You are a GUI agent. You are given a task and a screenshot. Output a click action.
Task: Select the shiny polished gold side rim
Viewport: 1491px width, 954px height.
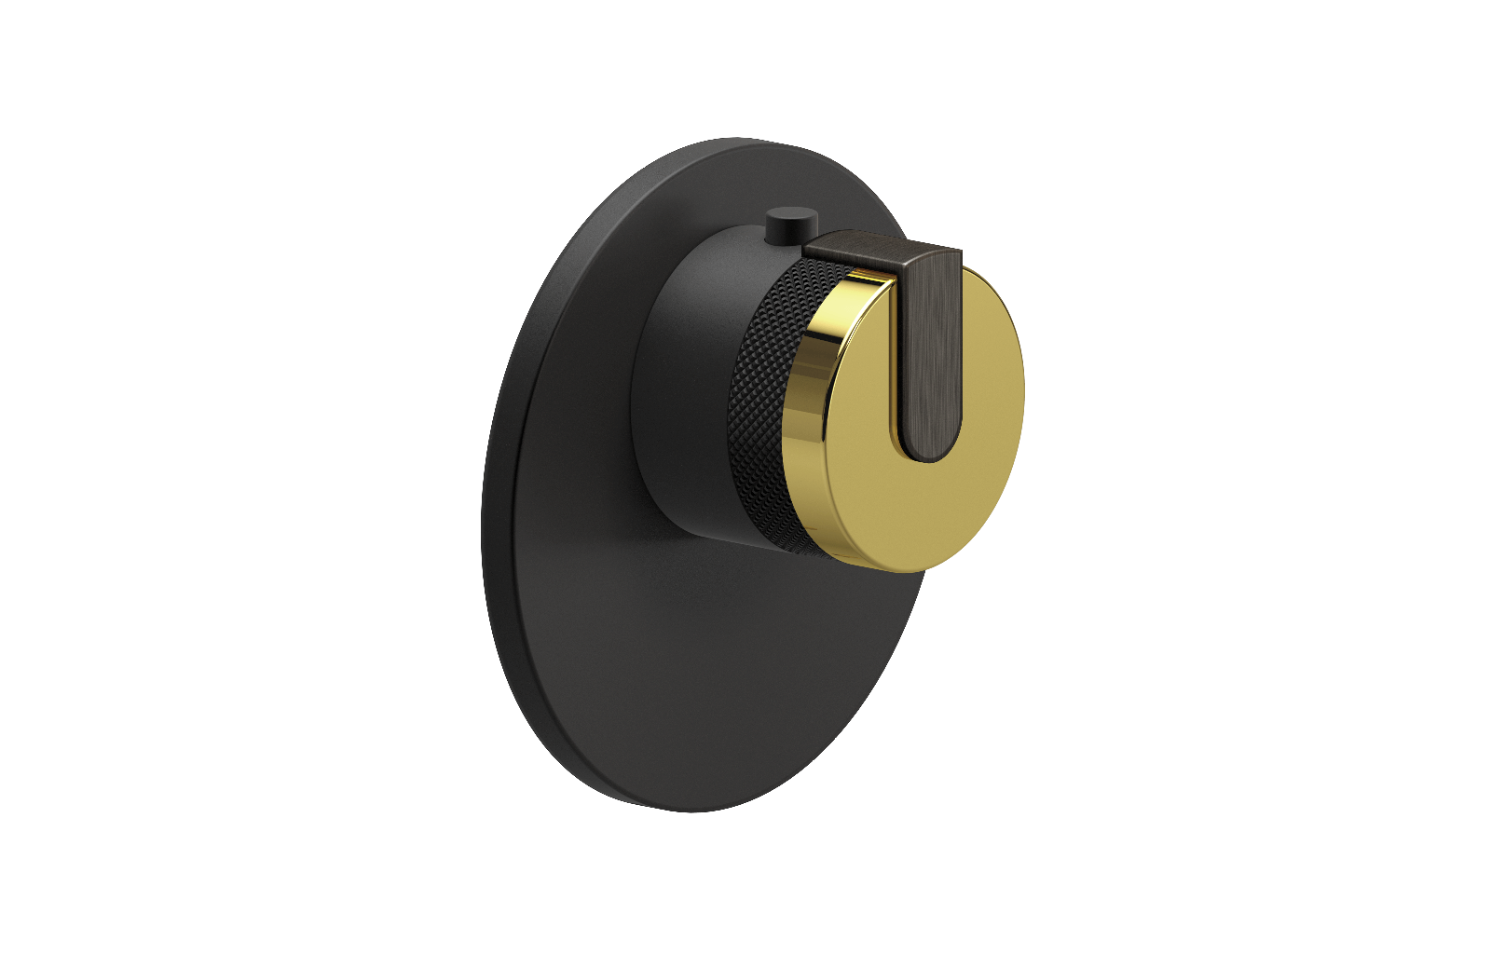(x=811, y=419)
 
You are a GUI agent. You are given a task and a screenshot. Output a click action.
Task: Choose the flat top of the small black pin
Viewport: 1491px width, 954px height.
(x=790, y=218)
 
